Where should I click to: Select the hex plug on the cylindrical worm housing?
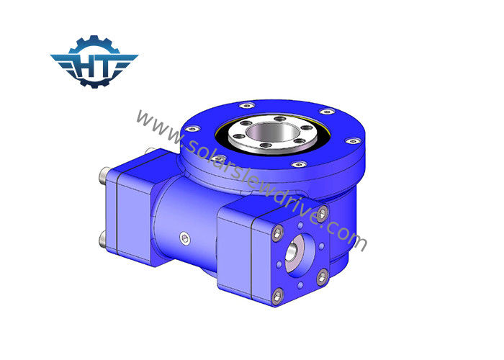coord(184,239)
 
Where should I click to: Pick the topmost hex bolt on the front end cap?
coord(323,213)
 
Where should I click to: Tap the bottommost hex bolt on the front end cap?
coord(277,297)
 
